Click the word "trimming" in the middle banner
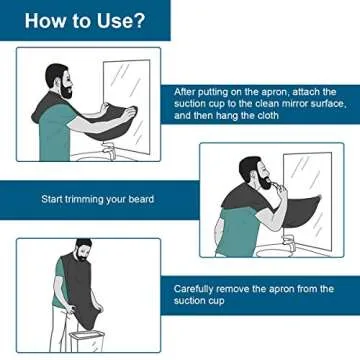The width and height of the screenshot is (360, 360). click(x=85, y=199)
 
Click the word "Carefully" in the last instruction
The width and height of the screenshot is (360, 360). click(x=193, y=289)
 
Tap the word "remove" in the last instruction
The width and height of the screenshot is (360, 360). click(x=233, y=289)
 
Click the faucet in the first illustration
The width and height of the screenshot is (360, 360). click(x=109, y=150)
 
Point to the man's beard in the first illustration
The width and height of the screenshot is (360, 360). click(x=67, y=91)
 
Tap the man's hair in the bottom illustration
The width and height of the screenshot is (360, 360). click(x=83, y=243)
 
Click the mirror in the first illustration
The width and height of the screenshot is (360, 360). click(x=127, y=107)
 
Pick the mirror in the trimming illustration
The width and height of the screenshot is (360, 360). click(x=308, y=200)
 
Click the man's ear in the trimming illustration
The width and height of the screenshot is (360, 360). click(x=254, y=173)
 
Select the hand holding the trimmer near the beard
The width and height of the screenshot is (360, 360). click(x=281, y=189)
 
